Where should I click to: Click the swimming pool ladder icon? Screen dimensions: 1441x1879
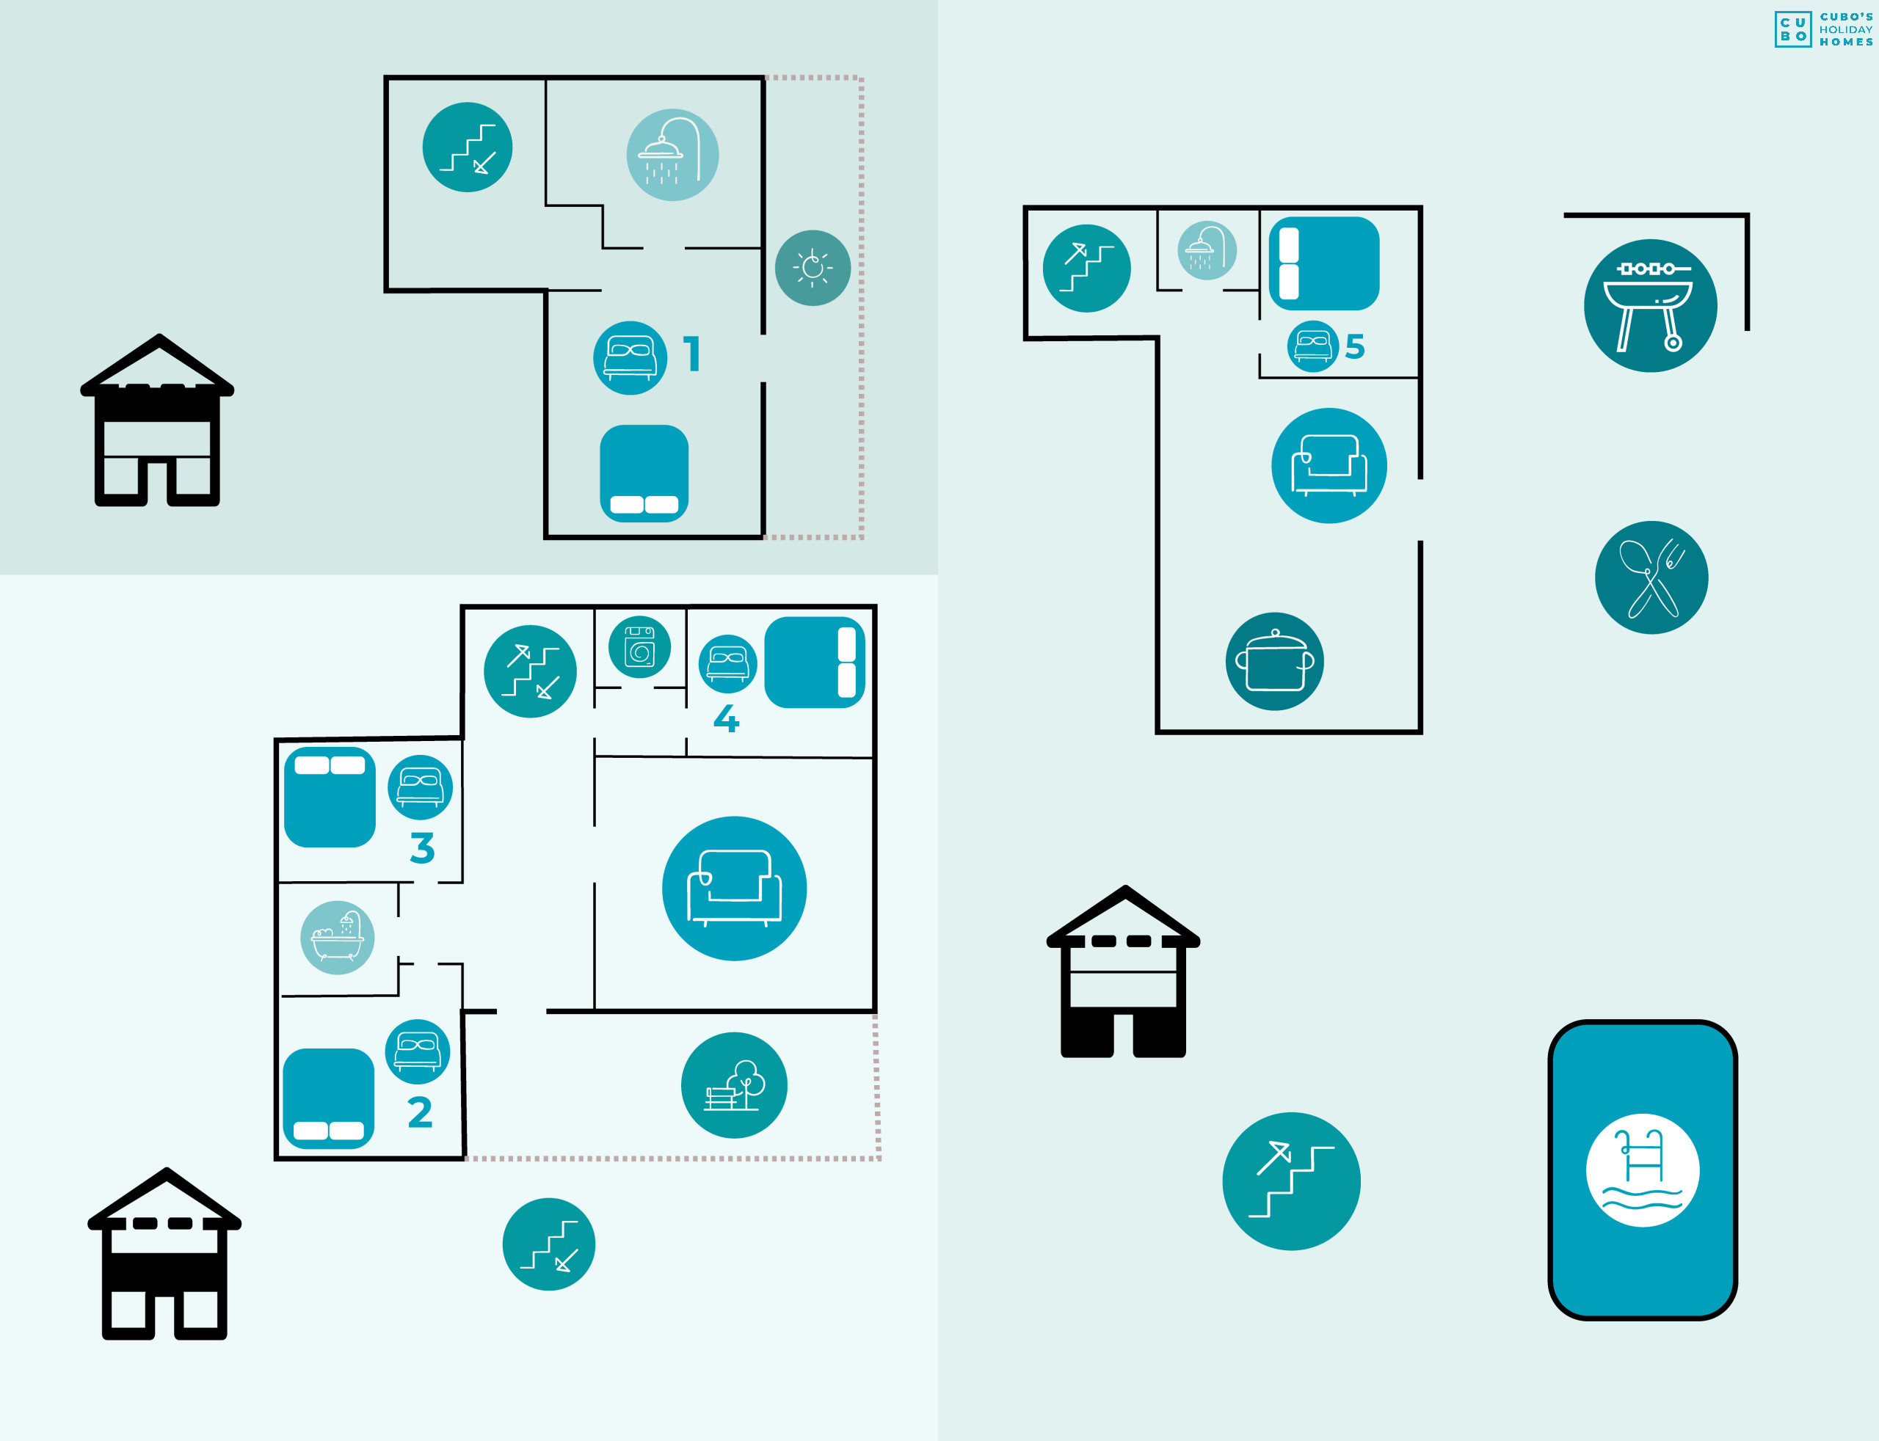pyautogui.click(x=1642, y=1170)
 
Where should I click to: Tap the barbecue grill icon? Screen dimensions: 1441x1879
pyautogui.click(x=1650, y=305)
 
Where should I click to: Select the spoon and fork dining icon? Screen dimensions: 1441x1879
pyautogui.click(x=1651, y=577)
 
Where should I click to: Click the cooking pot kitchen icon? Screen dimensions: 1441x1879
pyautogui.click(x=1274, y=661)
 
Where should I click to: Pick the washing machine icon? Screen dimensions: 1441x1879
pyautogui.click(x=639, y=646)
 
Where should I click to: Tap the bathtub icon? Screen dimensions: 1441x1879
pyautogui.click(x=337, y=938)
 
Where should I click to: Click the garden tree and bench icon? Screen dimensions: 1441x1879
pyautogui.click(x=733, y=1085)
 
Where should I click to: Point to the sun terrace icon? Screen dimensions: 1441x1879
pyautogui.click(x=813, y=268)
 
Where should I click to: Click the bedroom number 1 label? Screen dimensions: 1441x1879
pyautogui.click(x=692, y=354)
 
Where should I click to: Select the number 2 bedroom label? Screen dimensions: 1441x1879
pyautogui.click(x=420, y=1112)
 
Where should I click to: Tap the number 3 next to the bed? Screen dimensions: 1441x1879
pyautogui.click(x=422, y=847)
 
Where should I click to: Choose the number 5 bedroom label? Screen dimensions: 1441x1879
pyautogui.click(x=1355, y=346)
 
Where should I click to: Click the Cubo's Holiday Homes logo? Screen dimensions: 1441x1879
pyautogui.click(x=1823, y=29)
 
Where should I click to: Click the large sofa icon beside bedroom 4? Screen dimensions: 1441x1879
pyautogui.click(x=733, y=888)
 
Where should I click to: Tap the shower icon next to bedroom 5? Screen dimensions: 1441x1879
pyautogui.click(x=1207, y=250)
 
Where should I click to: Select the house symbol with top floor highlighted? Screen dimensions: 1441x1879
pyautogui.click(x=157, y=420)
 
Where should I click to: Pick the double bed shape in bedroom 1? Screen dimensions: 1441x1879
pyautogui.click(x=644, y=473)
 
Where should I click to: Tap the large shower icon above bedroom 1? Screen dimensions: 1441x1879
pyautogui.click(x=672, y=154)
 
